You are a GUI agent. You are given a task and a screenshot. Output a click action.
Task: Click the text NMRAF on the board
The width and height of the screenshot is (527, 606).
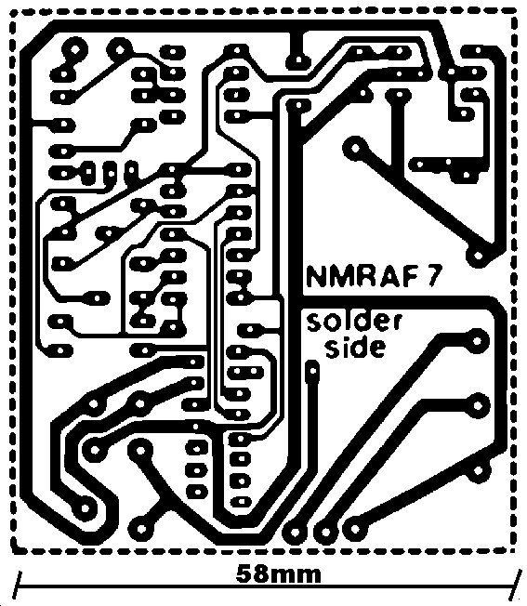pyautogui.click(x=363, y=276)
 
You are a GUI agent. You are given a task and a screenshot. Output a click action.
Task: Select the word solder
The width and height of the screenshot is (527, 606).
pyautogui.click(x=354, y=323)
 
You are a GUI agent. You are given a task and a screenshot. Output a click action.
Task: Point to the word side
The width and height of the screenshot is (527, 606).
pyautogui.click(x=355, y=347)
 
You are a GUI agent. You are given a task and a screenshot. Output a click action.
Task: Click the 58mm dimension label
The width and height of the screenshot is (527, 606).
pyautogui.click(x=278, y=574)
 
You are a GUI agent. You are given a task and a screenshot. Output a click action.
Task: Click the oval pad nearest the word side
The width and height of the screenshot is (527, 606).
pyautogui.click(x=312, y=371)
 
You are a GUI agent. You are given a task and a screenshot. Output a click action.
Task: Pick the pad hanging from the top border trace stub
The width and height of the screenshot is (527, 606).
pyautogui.click(x=298, y=60)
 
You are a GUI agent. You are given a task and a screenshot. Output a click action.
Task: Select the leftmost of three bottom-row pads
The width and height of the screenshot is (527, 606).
pyautogui.click(x=295, y=533)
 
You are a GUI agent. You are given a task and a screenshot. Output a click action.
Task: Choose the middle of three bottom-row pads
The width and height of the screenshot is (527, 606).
pyautogui.click(x=325, y=533)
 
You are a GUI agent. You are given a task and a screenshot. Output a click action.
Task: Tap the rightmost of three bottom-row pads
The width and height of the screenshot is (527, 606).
pyautogui.click(x=355, y=529)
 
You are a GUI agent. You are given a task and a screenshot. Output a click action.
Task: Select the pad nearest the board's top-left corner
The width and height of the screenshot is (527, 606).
pyautogui.click(x=74, y=49)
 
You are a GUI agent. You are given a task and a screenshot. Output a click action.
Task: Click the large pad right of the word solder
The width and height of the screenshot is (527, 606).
pyautogui.click(x=478, y=341)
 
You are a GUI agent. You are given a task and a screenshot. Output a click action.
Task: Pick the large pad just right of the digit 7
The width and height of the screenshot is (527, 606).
pyautogui.click(x=478, y=256)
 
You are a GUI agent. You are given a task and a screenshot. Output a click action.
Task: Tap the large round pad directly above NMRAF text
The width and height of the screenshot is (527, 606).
pyautogui.click(x=355, y=147)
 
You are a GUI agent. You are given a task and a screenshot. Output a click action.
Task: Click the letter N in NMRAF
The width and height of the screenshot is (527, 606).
pyautogui.click(x=316, y=276)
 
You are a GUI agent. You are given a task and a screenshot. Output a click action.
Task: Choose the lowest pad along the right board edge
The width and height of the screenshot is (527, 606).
pyautogui.click(x=479, y=470)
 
